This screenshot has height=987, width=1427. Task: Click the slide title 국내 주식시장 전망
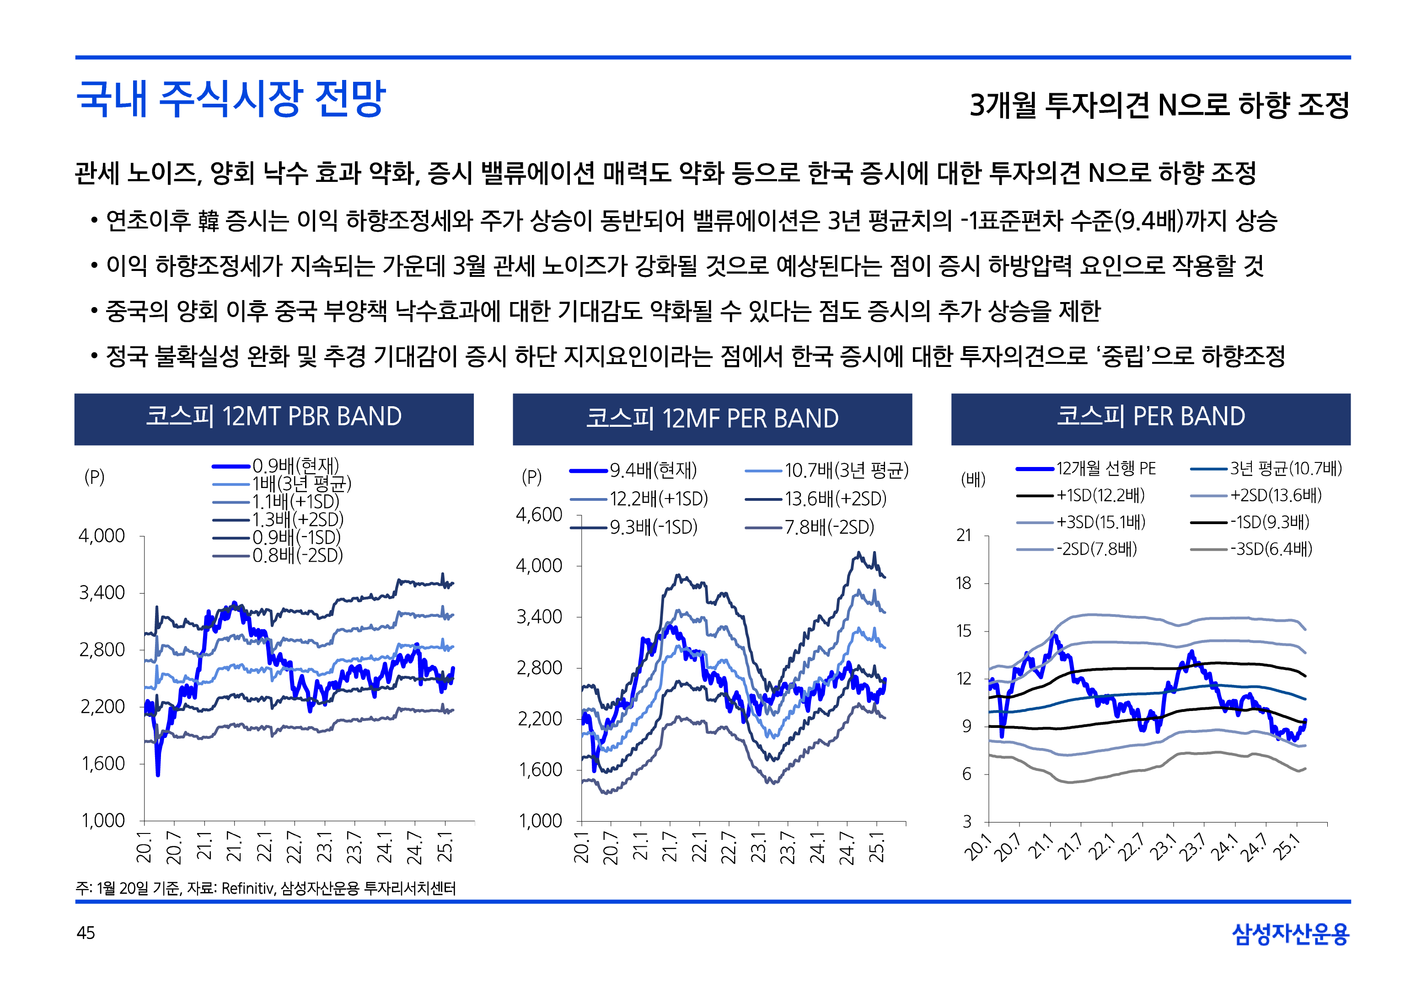[231, 99]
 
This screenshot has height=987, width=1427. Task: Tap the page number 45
[86, 933]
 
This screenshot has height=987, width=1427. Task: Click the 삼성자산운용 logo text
[1290, 934]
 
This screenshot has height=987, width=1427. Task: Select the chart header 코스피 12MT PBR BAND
[274, 417]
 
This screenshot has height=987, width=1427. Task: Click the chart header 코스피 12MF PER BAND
[712, 419]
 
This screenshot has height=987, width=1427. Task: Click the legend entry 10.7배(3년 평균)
[846, 471]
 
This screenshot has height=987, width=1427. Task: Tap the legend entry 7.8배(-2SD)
[829, 527]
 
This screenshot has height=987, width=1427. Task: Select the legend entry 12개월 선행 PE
[1105, 469]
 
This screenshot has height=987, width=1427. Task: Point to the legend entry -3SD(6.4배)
[1271, 549]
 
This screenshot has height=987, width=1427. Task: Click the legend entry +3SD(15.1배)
[1100, 523]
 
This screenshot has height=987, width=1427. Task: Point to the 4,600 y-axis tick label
[539, 515]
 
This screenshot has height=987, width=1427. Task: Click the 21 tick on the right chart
[964, 536]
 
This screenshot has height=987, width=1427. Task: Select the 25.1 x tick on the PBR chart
[445, 847]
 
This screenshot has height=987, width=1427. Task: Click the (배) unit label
[973, 479]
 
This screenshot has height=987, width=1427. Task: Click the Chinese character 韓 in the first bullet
[209, 221]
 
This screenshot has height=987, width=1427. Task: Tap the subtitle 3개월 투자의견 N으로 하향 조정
[1159, 105]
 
